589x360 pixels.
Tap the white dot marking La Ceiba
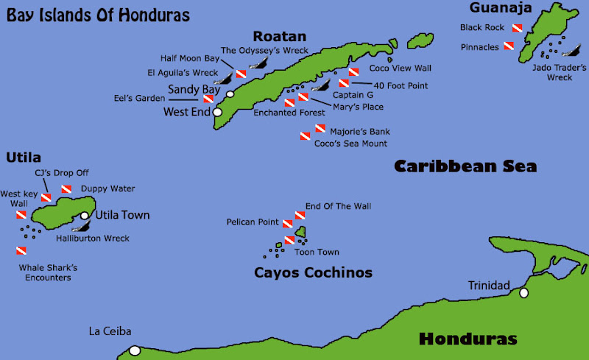click(x=135, y=350)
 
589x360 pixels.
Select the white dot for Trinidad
click(x=523, y=293)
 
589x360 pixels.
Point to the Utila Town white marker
click(x=85, y=216)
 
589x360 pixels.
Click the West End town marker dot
click(x=217, y=113)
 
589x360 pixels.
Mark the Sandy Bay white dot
click(x=230, y=94)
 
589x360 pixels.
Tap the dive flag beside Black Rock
click(x=517, y=28)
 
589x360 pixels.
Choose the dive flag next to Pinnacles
click(x=508, y=47)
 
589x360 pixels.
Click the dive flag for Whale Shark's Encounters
click(x=21, y=250)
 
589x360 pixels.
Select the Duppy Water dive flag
click(x=66, y=189)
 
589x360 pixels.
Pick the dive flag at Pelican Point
click(x=288, y=222)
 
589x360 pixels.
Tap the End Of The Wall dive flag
click(x=300, y=215)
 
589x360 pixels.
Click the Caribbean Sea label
click(x=465, y=166)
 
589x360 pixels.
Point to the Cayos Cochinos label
click(x=313, y=273)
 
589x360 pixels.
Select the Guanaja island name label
click(x=501, y=8)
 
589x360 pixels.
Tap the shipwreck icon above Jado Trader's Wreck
click(x=569, y=52)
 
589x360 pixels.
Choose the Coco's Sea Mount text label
click(x=350, y=144)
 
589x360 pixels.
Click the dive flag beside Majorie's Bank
click(x=320, y=129)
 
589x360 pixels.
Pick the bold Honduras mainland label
click(x=468, y=339)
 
